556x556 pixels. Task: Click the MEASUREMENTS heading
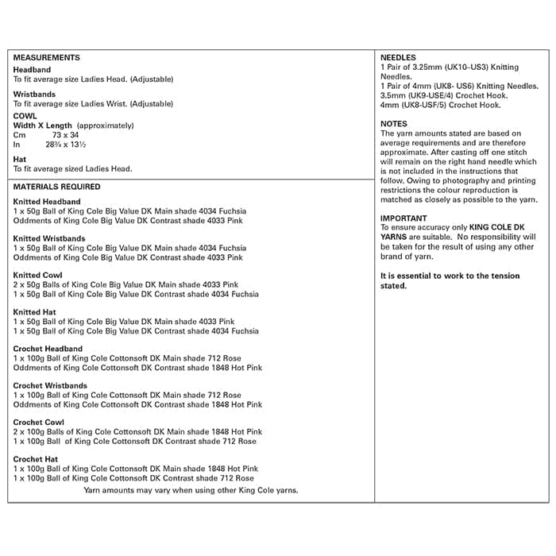[47, 58]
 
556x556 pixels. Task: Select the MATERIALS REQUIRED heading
[57, 187]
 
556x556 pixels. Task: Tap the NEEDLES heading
[398, 58]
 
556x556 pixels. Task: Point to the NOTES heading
[394, 124]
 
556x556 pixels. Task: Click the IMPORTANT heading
[403, 218]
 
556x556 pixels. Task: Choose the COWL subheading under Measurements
[25, 116]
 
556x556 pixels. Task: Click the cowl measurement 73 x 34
[66, 135]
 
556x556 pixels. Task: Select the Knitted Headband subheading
[47, 202]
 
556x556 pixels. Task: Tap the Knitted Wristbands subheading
[50, 238]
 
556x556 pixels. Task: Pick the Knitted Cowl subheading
[38, 276]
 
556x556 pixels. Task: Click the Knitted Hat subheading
[35, 312]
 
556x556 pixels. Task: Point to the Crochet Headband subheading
[48, 349]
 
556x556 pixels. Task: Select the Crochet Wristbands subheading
[51, 386]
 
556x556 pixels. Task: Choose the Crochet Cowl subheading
[39, 423]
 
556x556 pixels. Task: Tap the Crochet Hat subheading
[36, 459]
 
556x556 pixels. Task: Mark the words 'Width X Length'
[43, 125]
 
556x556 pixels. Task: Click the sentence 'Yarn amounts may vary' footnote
[191, 490]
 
